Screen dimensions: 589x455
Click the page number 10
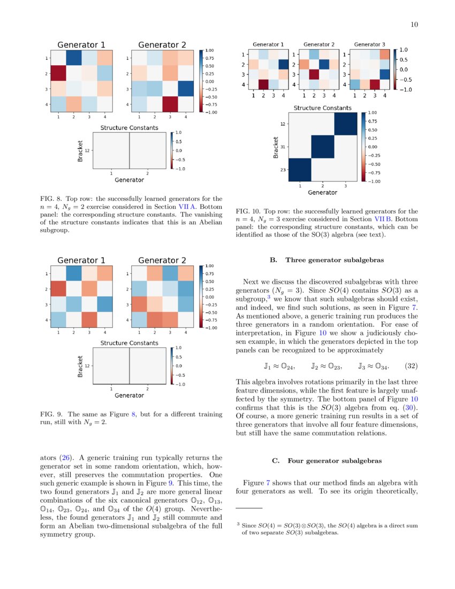coord(414,25)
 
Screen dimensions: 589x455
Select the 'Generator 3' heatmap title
coord(369,44)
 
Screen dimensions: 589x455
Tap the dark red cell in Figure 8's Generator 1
coord(59,73)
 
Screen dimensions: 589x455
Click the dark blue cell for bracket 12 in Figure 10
coord(344,124)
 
